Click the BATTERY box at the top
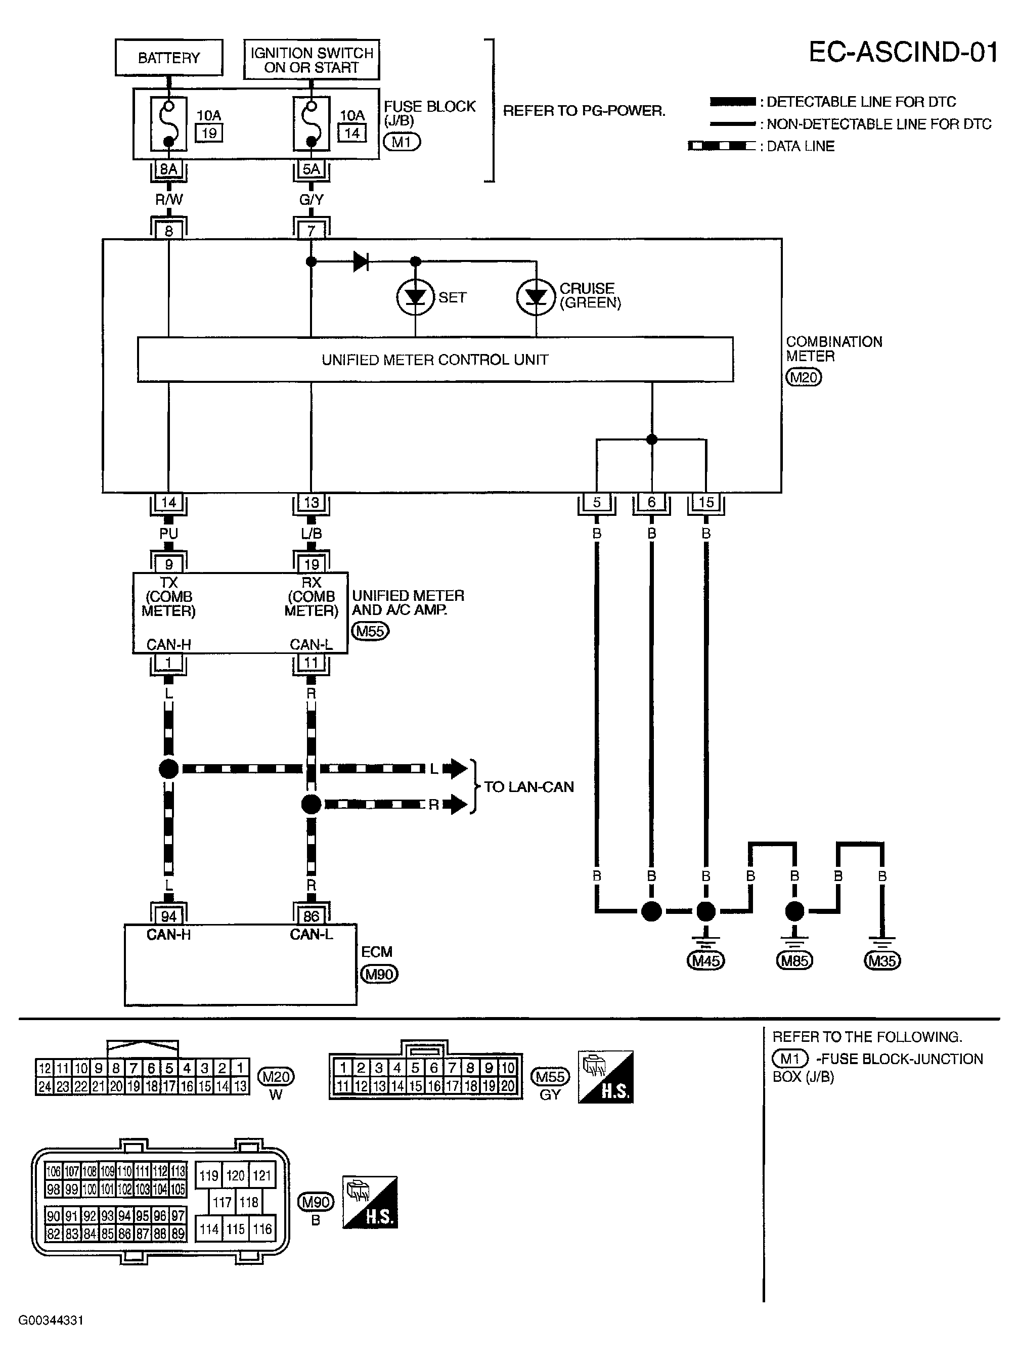coord(169,58)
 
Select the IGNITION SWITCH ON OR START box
coord(311,60)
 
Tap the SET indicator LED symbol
coord(415,297)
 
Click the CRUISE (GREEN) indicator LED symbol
coord(536,297)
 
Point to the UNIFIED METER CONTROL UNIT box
coord(435,359)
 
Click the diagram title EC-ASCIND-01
coord(903,53)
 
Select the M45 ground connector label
coord(705,960)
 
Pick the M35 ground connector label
coord(882,960)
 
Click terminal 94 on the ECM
coord(169,916)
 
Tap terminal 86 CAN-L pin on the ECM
coord(311,916)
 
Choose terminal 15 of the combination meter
coord(706,502)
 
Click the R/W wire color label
coord(169,200)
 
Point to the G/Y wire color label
coord(311,200)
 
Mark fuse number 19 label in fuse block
coord(209,133)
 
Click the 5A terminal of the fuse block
coord(311,169)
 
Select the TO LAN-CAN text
coord(528,787)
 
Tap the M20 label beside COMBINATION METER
coord(804,377)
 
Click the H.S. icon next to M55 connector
coord(606,1077)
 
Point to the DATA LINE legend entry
coord(800,147)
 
